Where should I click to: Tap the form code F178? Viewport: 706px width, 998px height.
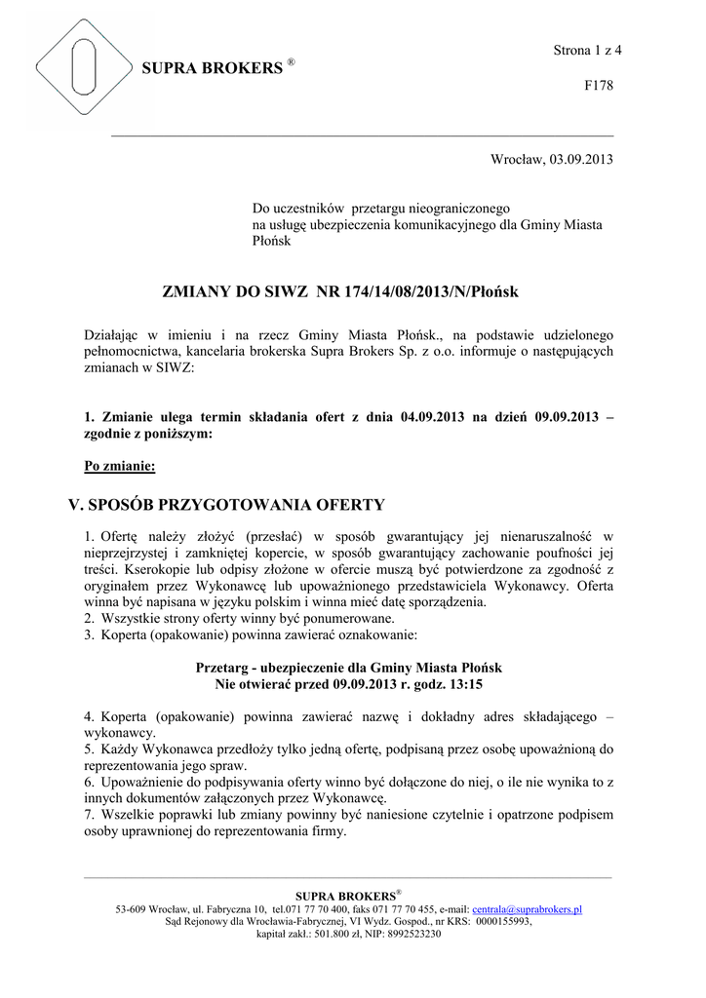[598, 86]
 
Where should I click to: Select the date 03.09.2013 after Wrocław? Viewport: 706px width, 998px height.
[581, 159]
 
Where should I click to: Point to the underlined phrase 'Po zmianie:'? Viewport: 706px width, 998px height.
[120, 466]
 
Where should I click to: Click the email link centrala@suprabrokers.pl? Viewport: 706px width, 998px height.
[527, 909]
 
